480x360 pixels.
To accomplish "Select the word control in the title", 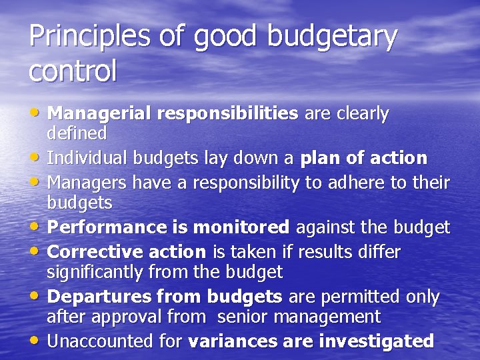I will [73, 71].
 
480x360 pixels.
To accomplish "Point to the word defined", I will [77, 133].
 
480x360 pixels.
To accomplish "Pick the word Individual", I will [88, 158].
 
